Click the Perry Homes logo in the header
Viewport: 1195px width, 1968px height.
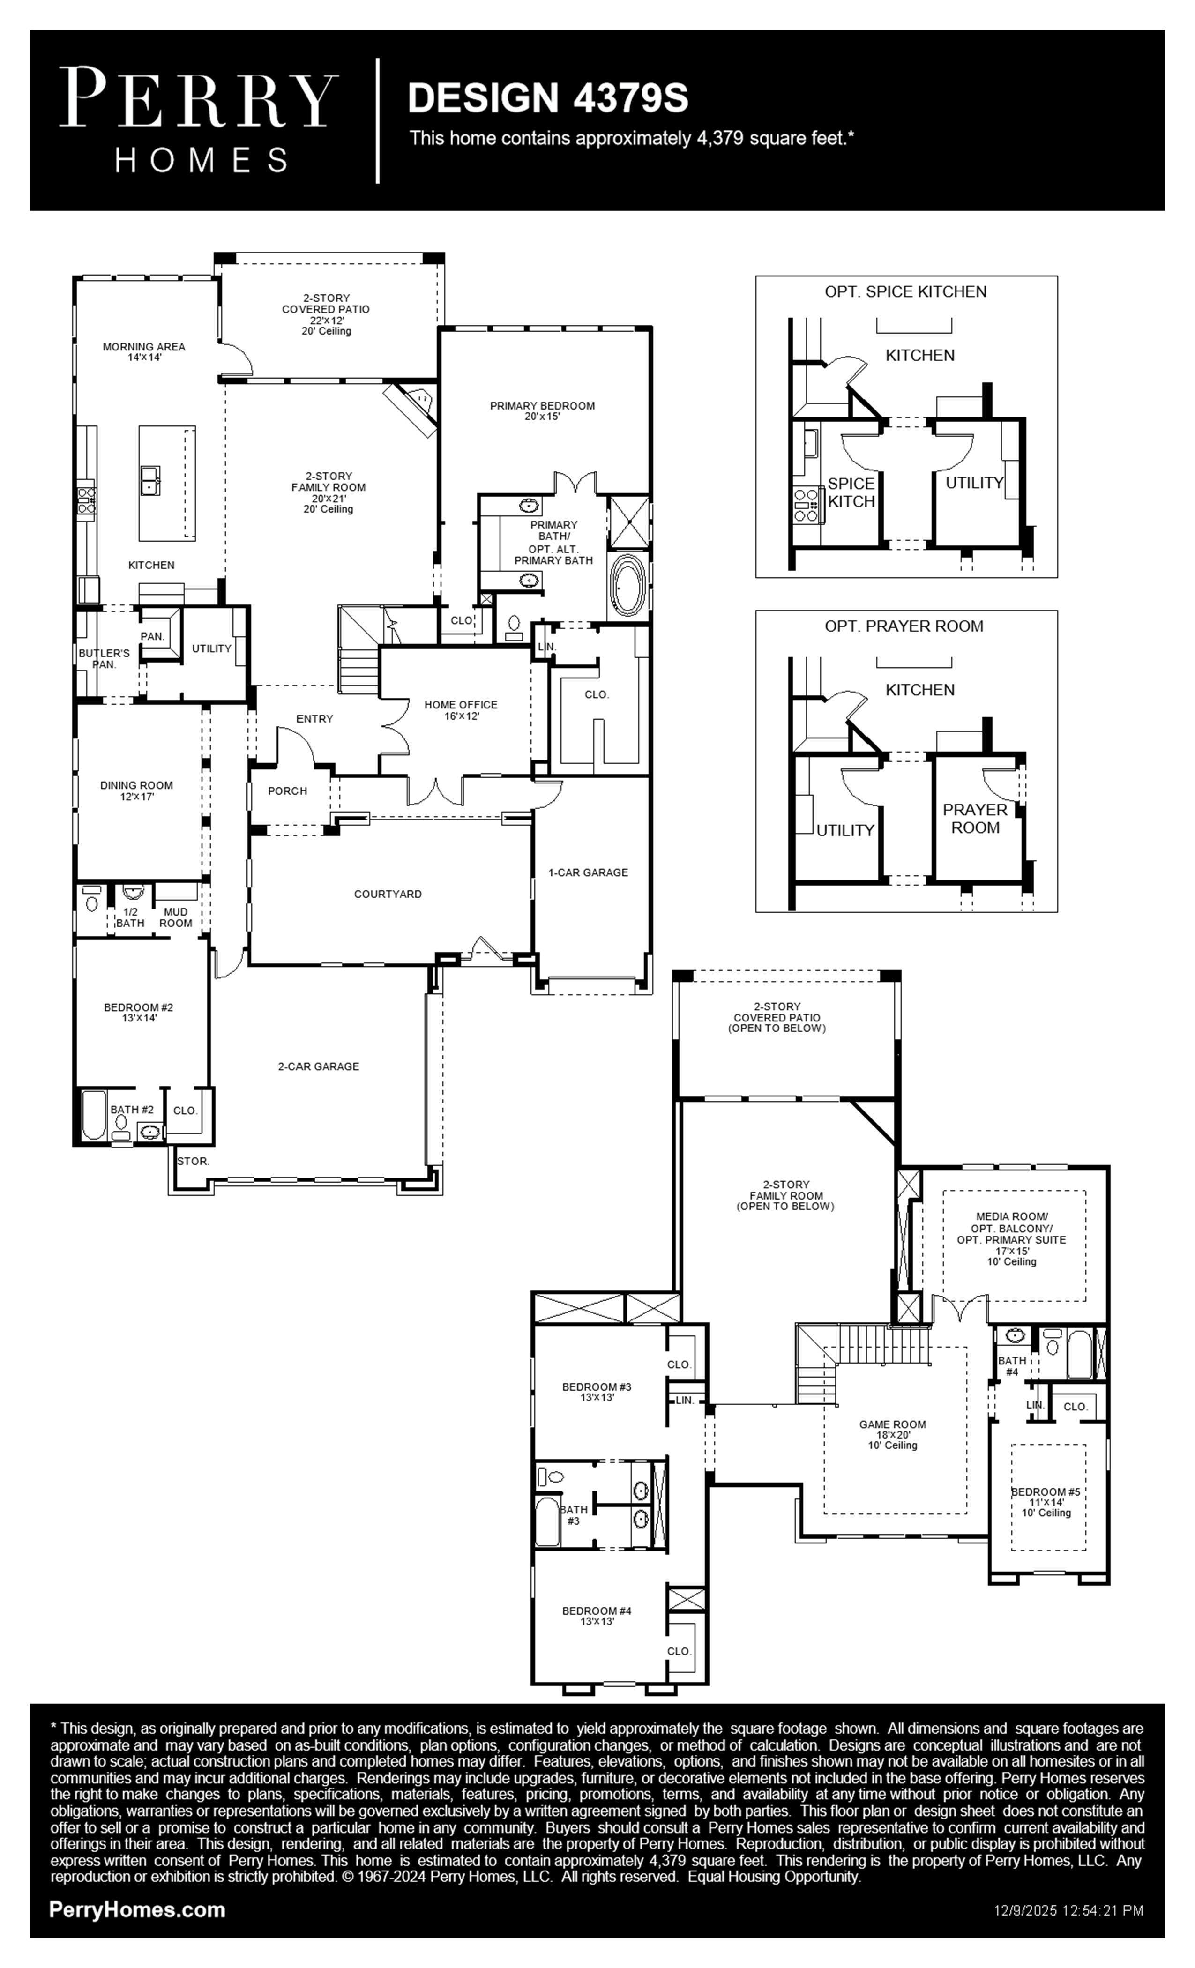pyautogui.click(x=198, y=120)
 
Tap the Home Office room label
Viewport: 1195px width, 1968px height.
pyautogui.click(x=461, y=710)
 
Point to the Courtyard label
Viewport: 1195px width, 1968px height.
pyautogui.click(x=388, y=894)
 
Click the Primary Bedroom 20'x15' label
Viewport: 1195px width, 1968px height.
pyautogui.click(x=542, y=410)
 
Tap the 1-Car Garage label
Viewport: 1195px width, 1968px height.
pyautogui.click(x=588, y=872)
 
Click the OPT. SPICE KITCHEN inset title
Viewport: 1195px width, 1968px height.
pyautogui.click(x=906, y=291)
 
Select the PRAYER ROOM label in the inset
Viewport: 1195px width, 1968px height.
pyautogui.click(x=975, y=819)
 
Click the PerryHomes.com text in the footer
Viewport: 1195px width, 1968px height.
pyautogui.click(x=137, y=1910)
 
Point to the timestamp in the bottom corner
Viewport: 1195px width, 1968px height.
pyautogui.click(x=1069, y=1910)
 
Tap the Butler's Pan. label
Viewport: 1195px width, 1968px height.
pyautogui.click(x=104, y=659)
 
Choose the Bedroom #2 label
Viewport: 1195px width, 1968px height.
pyautogui.click(x=138, y=1013)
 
